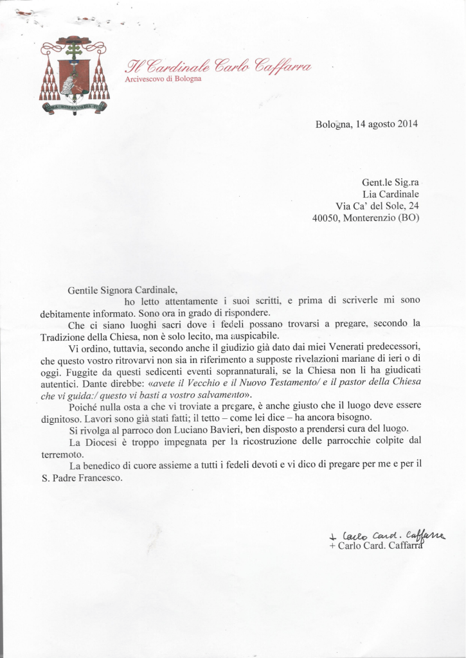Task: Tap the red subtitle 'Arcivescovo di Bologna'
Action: (x=163, y=78)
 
